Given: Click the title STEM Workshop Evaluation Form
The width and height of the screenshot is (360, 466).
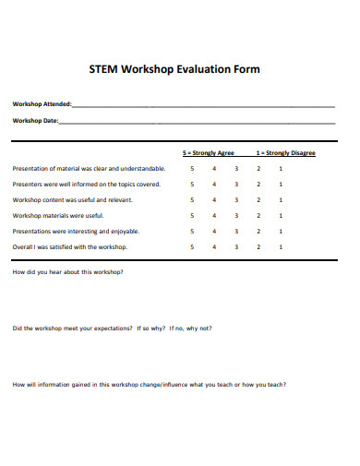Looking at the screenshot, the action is click(174, 69).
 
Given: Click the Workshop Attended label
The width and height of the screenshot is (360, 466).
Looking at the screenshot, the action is click(42, 103).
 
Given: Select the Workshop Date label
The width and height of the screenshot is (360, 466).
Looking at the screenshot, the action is click(35, 121).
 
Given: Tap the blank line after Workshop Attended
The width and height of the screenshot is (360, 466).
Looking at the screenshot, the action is click(203, 105).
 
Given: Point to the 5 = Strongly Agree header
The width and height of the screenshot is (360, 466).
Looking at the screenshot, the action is click(209, 152).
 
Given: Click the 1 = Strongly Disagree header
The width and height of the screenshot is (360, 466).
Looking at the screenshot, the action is click(286, 152).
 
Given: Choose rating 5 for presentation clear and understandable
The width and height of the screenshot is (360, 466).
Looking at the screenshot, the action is click(192, 168).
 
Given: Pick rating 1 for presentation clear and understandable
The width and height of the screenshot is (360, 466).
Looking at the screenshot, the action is click(281, 168).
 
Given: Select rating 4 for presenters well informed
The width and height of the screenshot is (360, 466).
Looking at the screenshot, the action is click(214, 184).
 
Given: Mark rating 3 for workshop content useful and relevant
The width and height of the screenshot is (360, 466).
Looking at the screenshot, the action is click(236, 199).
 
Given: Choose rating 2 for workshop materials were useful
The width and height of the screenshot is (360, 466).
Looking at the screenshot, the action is click(258, 215).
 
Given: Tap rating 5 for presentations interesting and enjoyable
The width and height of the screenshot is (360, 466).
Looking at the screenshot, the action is click(192, 231).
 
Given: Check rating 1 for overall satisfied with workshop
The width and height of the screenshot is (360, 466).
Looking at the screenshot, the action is click(281, 246).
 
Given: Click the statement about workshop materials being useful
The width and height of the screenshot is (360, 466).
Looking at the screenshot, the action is click(58, 215).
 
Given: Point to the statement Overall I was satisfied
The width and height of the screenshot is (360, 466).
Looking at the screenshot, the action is click(70, 246).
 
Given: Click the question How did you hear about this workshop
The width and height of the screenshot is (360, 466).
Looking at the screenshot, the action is click(67, 273).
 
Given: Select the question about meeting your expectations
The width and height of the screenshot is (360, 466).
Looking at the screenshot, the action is click(112, 328).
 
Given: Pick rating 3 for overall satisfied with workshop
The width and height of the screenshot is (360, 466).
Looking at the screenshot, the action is click(236, 246).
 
